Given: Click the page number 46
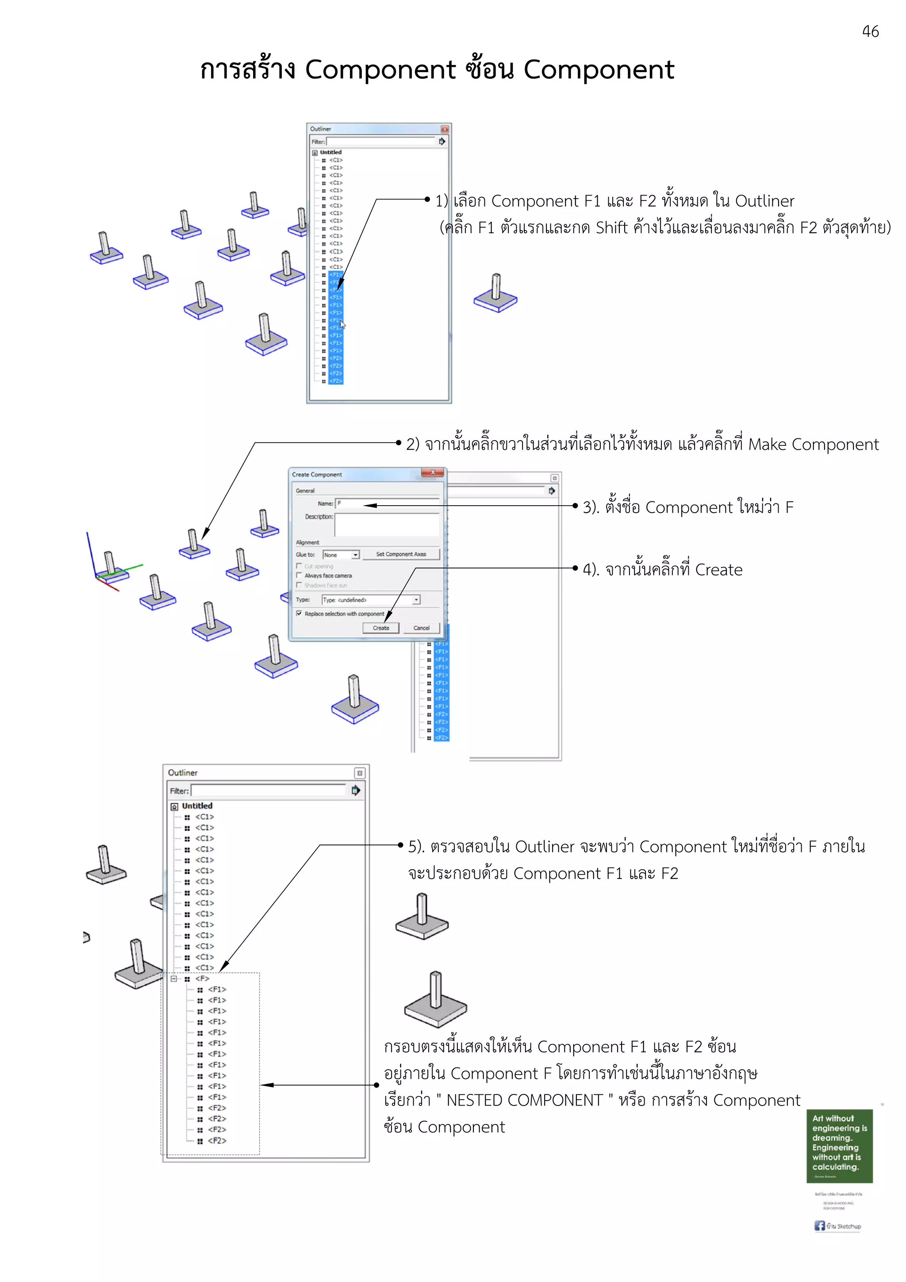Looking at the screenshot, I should (870, 32).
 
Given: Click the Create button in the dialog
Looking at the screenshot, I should (381, 628).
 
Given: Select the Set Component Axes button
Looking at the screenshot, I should (400, 554).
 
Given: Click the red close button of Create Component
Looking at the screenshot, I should (432, 472).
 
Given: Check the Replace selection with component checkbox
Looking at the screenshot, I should (299, 613).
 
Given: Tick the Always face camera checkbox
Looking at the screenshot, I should (299, 575).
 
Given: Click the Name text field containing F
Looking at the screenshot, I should (386, 503).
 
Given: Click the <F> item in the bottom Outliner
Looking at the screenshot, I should (202, 978).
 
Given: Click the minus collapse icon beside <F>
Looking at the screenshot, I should (173, 978).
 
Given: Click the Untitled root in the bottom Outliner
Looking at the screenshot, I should (196, 806).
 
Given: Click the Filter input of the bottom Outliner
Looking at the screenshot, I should (268, 790).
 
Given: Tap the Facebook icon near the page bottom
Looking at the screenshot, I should (819, 1226).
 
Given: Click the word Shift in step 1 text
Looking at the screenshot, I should (611, 228).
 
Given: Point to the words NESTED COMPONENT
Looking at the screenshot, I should (525, 1100).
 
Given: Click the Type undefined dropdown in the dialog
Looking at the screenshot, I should (371, 600).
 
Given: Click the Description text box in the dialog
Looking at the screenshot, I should (386, 525).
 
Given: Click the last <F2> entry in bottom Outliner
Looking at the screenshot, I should (217, 1140).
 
